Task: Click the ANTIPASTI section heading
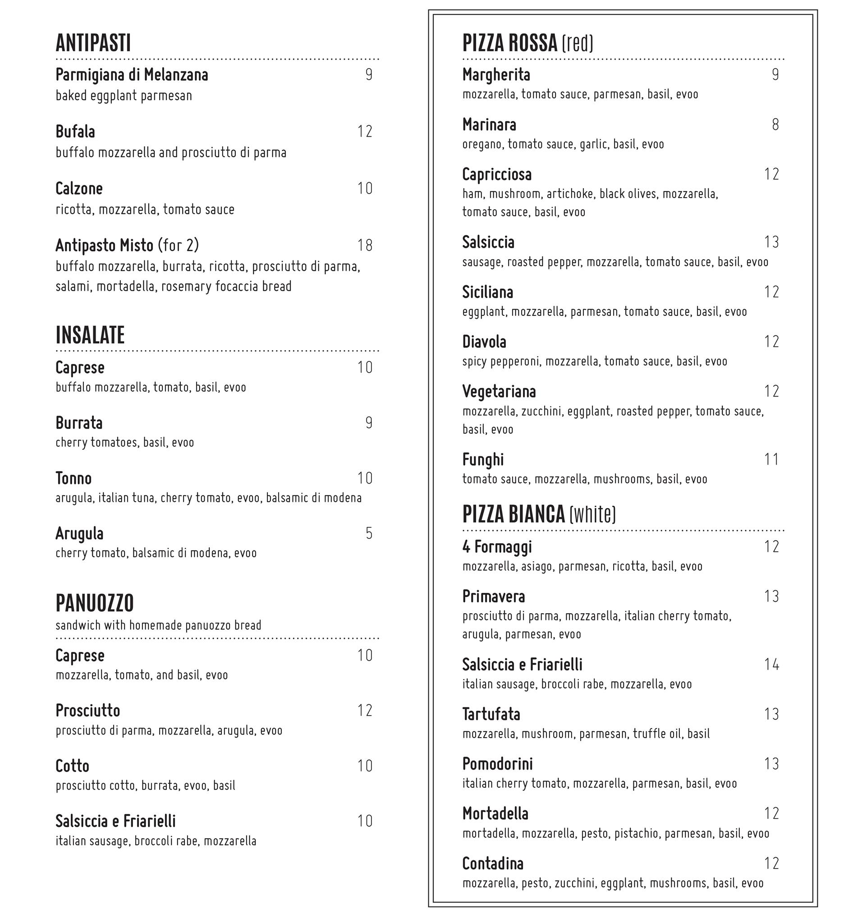(93, 43)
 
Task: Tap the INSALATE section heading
(90, 335)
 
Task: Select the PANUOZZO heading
(95, 603)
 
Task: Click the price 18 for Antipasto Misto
(365, 245)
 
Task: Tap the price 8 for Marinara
(775, 124)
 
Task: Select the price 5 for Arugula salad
(369, 533)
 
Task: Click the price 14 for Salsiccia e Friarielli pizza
(771, 664)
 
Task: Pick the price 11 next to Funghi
(771, 459)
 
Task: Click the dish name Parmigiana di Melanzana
(132, 74)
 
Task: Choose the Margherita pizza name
(496, 74)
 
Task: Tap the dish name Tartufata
(491, 714)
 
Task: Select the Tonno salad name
(73, 478)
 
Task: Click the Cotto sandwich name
(73, 766)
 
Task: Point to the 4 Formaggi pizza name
(497, 546)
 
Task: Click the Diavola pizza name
(484, 342)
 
